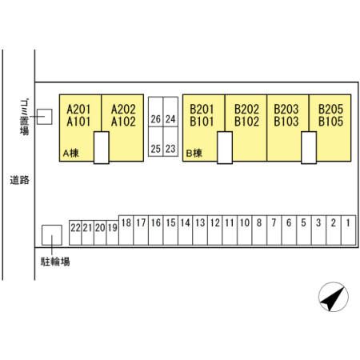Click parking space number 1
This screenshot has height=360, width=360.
348,230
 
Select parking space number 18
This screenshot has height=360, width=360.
126,230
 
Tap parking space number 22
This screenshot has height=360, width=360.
75,233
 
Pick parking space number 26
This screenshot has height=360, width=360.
156,112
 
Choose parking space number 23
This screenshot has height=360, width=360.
170,142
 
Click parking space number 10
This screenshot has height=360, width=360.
245,230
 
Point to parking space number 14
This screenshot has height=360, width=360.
186,230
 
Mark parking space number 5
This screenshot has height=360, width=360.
304,230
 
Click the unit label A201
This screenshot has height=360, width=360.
78,110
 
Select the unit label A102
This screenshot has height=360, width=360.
123,122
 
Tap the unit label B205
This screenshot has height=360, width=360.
331,110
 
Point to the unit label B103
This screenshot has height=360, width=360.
286,122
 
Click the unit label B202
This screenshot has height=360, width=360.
246,110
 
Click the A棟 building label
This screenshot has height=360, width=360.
71,154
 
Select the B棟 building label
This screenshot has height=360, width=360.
194,154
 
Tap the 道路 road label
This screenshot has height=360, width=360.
19,180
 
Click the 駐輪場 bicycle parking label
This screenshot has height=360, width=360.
55,262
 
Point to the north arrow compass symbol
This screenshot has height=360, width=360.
334,297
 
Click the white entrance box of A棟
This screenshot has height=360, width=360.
102,147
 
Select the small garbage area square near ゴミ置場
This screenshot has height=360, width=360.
44,117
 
